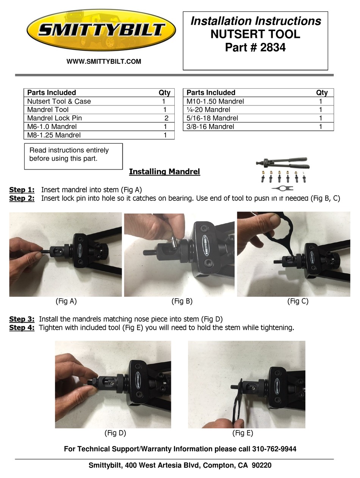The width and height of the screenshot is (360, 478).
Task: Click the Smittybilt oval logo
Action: click(101, 30)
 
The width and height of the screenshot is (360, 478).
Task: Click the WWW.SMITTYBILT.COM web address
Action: click(104, 61)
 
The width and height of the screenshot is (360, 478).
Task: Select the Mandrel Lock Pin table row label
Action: click(55, 118)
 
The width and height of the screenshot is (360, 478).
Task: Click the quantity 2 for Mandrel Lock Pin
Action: click(166, 118)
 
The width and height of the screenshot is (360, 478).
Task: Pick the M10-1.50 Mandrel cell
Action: click(215, 101)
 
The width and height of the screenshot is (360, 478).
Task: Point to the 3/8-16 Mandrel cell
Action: click(210, 127)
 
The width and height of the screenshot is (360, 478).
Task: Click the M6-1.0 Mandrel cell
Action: click(52, 127)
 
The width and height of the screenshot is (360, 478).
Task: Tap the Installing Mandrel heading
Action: click(164, 172)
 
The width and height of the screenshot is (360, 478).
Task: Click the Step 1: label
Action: click(22, 190)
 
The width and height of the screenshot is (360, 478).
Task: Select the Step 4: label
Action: click(22, 328)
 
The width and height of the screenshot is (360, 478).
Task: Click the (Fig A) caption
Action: click(66, 301)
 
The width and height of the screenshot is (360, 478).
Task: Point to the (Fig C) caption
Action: click(297, 301)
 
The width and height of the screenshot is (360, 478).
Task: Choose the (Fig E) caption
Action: click(243, 433)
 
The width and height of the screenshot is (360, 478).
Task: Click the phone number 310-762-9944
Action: click(274, 449)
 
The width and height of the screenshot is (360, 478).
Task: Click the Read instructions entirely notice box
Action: click(74, 156)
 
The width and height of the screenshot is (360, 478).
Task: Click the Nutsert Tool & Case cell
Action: click(59, 101)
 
